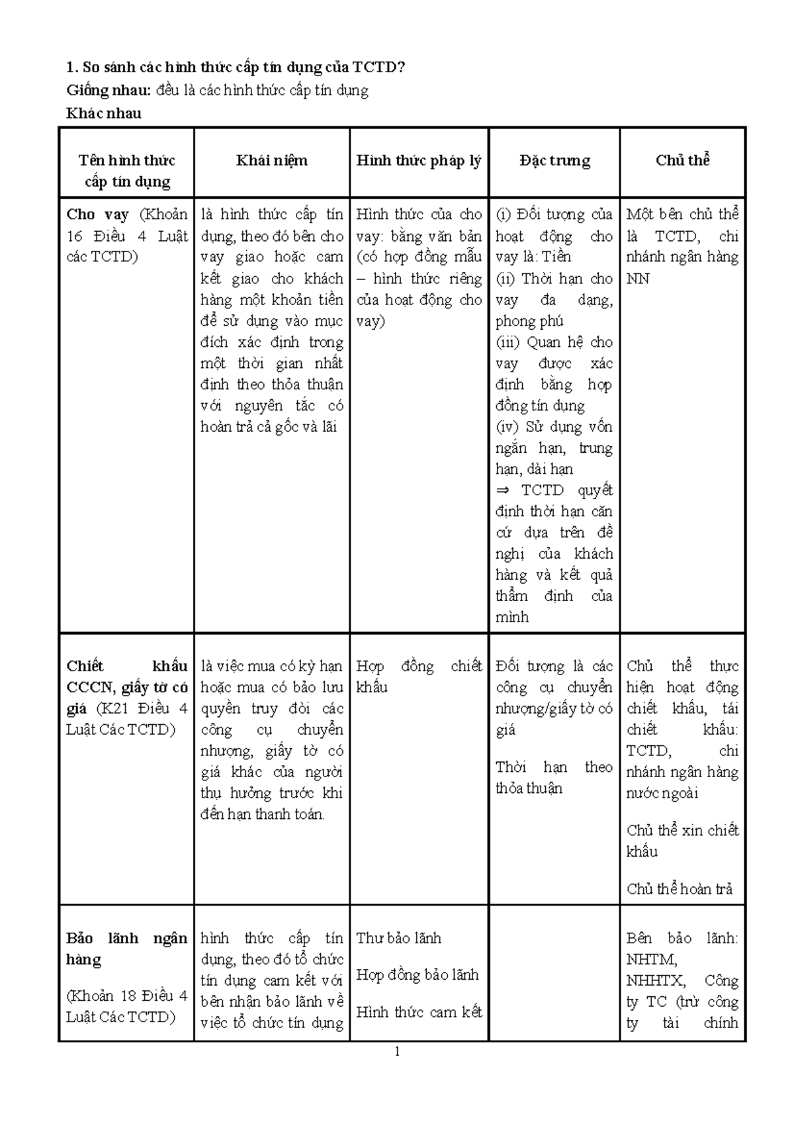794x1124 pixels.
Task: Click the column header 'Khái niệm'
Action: tap(271, 160)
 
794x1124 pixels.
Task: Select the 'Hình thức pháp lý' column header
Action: tap(418, 160)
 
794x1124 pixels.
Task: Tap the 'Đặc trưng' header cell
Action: tap(554, 160)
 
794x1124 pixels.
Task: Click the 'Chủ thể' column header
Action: tap(682, 160)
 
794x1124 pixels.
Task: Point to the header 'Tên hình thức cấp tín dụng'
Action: tap(127, 171)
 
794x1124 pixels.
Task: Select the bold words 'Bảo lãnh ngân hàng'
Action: tap(126, 949)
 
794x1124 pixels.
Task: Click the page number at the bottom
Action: tap(397, 1051)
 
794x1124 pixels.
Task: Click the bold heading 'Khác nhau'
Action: tap(104, 113)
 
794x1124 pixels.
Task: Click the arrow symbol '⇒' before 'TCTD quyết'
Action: tap(502, 491)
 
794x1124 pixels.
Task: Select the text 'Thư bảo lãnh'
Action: tap(398, 938)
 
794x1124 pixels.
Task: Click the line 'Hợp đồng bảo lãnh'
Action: tap(417, 974)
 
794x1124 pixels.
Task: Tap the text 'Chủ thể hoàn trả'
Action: tap(680, 889)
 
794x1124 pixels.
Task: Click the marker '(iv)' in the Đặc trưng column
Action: tap(508, 427)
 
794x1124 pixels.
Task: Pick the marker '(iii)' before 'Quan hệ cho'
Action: tap(509, 342)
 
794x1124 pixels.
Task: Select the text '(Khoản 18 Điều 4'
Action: tap(126, 996)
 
